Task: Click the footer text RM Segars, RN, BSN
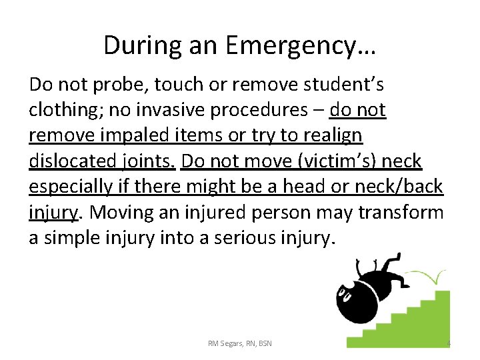pyautogui.click(x=240, y=343)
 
